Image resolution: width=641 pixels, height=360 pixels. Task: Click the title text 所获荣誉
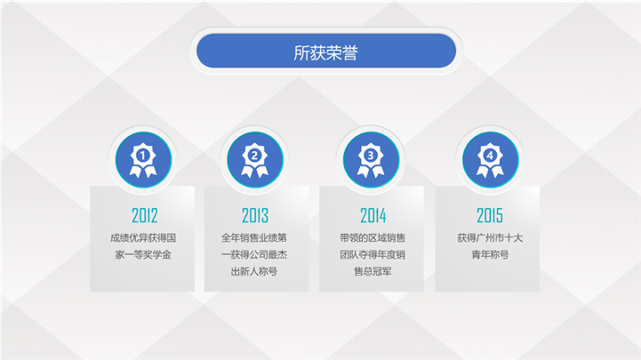coord(325,52)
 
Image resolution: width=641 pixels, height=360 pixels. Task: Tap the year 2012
coord(144,215)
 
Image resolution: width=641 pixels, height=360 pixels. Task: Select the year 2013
coord(255,215)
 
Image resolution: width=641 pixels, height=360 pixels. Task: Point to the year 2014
coord(373,215)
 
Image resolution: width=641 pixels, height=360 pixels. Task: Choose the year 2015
coord(490,215)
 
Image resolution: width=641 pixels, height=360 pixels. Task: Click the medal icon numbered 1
coord(143,160)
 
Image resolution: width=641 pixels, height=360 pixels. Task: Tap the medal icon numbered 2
coord(254,160)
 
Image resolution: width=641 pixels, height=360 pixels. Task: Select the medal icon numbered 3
coord(371,160)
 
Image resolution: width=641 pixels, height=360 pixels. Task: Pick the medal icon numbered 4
coord(490,160)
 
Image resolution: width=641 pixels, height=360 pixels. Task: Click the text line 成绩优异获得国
coord(143,238)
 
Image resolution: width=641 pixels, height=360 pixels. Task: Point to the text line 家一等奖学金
coord(143,254)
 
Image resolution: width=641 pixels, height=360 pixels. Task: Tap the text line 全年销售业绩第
coord(254,238)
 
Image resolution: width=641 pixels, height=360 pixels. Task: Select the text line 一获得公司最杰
coord(254,254)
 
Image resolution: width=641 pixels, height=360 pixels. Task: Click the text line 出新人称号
coord(254,271)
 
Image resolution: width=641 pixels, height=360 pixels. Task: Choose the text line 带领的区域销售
coord(373,238)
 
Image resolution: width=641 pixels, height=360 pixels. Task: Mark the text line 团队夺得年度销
coord(373,254)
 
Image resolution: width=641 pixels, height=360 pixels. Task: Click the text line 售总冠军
coord(373,271)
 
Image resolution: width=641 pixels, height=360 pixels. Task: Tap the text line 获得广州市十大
coord(490,238)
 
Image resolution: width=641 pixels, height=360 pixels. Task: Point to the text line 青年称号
coord(490,254)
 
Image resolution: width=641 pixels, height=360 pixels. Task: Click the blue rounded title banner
coord(325,51)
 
